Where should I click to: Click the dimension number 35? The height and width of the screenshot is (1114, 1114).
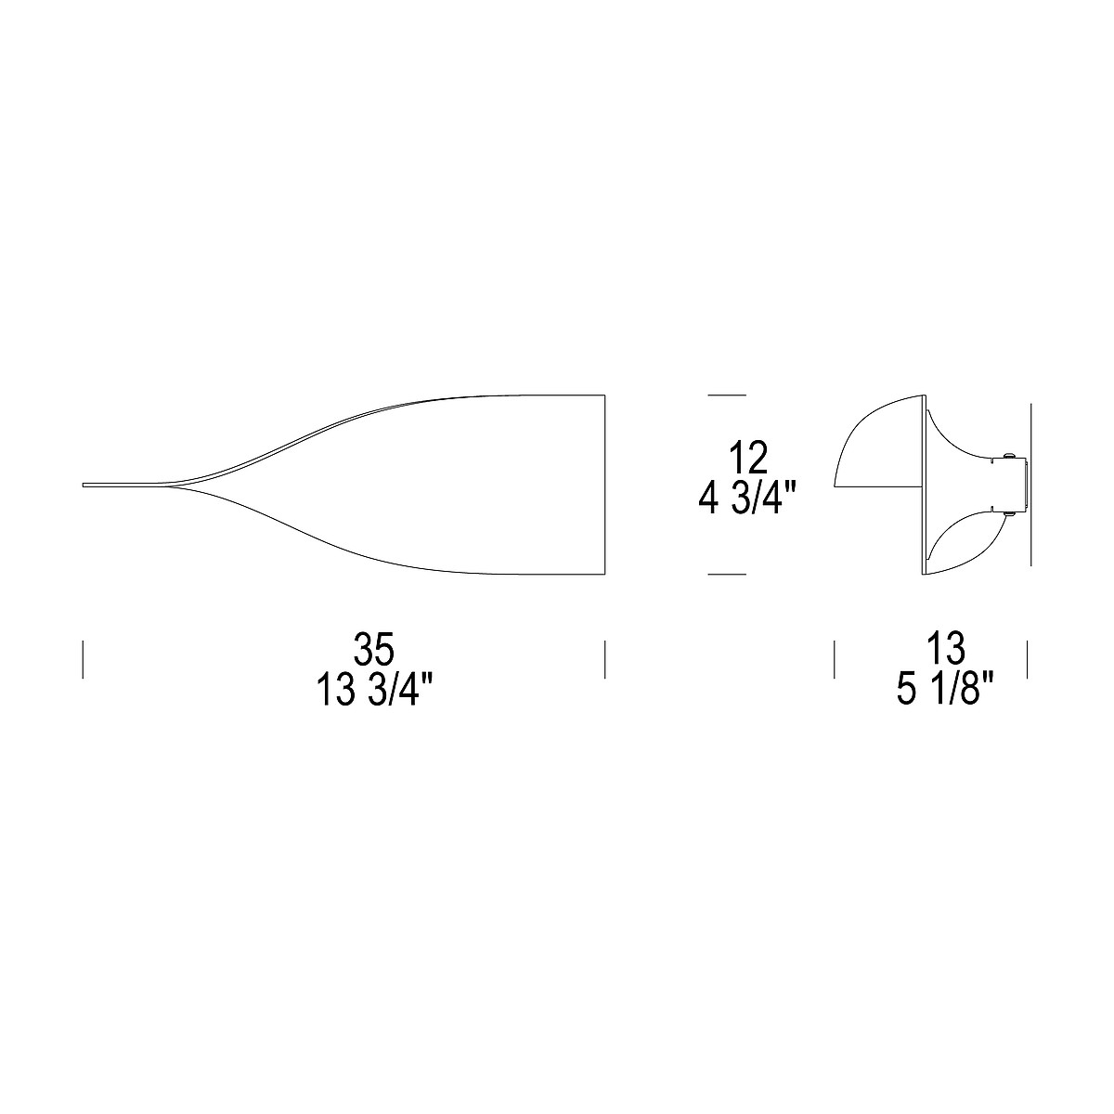point(374,649)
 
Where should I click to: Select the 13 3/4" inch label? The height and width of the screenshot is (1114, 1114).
point(375,692)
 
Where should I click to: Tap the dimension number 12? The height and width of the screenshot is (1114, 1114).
point(747,458)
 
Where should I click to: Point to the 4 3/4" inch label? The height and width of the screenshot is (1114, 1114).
point(741,500)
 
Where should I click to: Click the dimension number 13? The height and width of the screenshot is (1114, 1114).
point(946,649)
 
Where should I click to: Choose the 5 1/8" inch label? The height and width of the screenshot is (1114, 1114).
point(945,692)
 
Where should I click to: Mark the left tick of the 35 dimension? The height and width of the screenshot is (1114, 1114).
point(84,659)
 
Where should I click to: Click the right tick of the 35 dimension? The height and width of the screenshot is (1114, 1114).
point(604,659)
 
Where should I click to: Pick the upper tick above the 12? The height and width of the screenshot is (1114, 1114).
point(727,395)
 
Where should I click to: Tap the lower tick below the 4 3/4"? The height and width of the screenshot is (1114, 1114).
point(727,575)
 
